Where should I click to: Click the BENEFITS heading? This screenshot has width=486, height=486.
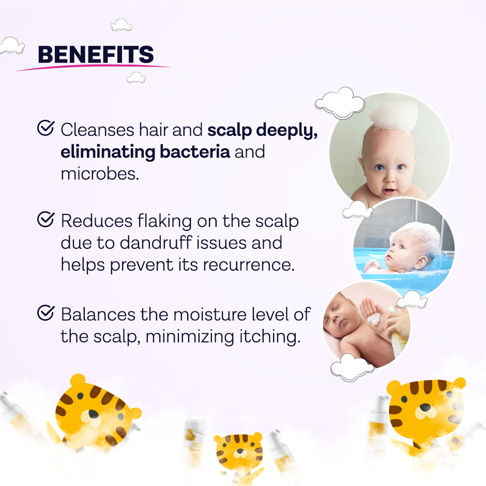point(96,55)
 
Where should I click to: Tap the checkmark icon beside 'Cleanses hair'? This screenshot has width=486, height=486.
point(46,129)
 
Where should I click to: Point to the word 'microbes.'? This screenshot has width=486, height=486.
point(100,174)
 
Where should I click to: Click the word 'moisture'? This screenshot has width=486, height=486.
point(219,314)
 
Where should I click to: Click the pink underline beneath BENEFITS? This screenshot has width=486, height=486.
point(93,67)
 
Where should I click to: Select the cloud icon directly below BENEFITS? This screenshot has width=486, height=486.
point(136,77)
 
